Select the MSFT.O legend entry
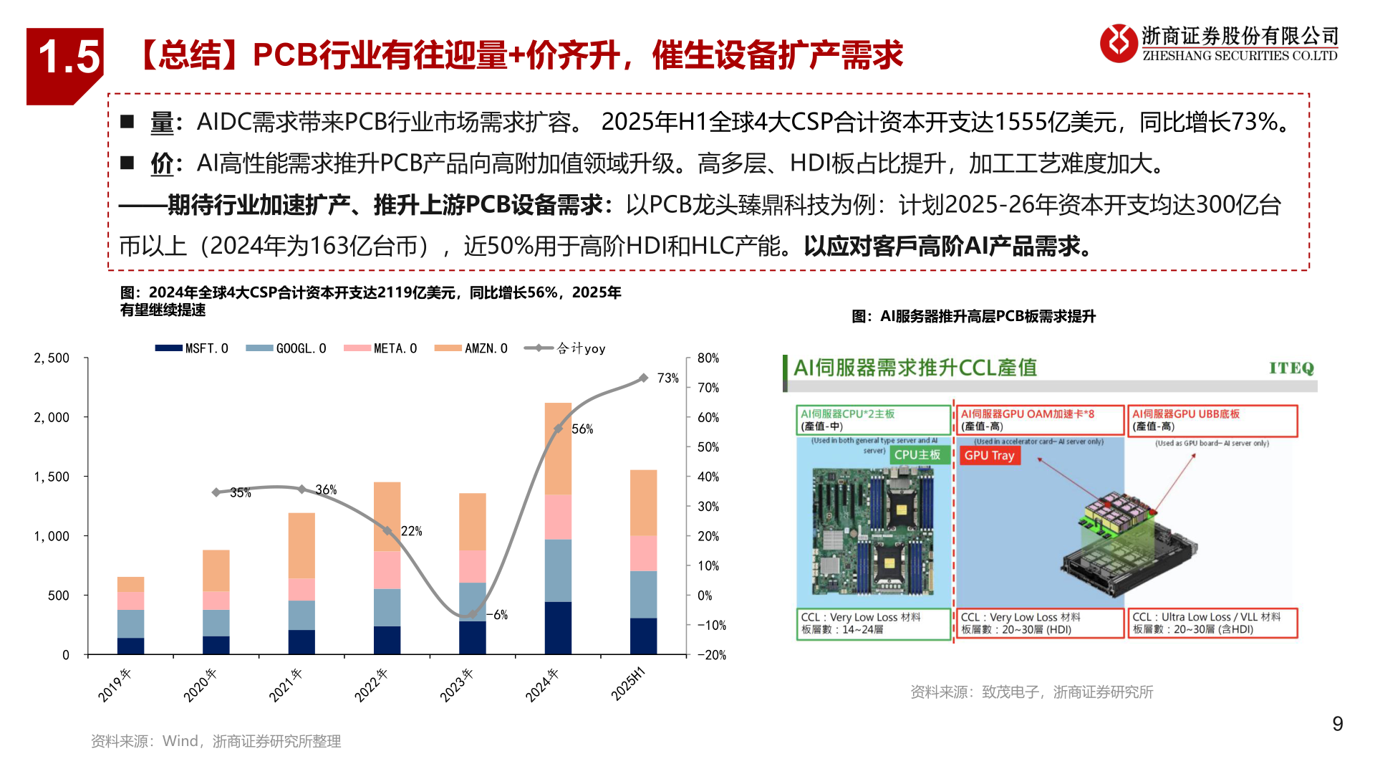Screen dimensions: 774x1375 point(192,348)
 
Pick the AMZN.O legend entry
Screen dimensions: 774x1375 point(471,348)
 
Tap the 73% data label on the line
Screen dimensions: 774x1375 point(667,378)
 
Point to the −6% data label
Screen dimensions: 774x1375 point(499,615)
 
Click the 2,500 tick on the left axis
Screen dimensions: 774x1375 point(52,358)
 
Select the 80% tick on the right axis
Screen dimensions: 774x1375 point(708,358)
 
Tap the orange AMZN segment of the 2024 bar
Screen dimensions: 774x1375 point(558,449)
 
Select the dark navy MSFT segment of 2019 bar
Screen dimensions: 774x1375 point(130,646)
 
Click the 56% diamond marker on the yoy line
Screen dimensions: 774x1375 point(558,429)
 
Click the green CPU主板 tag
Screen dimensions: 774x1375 point(917,455)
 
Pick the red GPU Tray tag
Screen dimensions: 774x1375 point(989,456)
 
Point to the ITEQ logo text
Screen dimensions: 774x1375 point(1291,368)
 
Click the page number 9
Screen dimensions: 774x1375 point(1337,724)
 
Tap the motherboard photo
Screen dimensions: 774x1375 point(874,530)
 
